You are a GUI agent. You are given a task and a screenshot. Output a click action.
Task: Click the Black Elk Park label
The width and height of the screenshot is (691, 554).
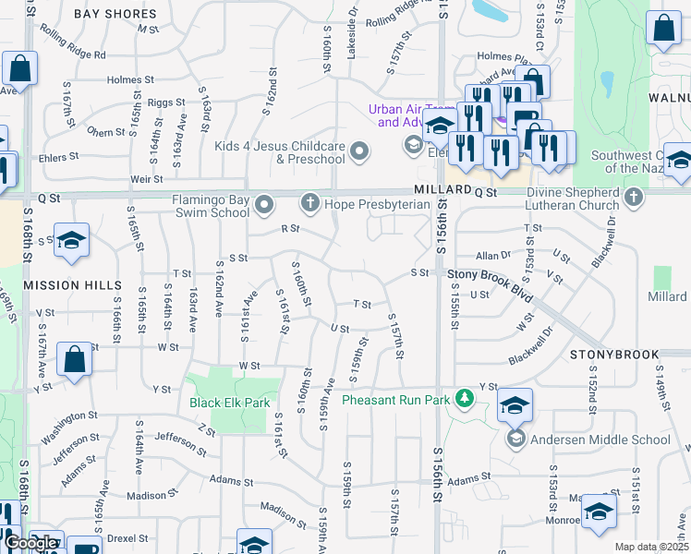[229, 403]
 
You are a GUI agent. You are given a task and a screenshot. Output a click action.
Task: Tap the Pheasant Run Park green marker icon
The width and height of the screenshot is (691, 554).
[467, 400]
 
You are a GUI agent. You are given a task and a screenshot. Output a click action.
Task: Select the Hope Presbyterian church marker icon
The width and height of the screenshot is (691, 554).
[311, 202]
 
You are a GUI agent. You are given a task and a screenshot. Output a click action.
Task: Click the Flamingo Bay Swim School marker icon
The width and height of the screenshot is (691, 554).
[265, 202]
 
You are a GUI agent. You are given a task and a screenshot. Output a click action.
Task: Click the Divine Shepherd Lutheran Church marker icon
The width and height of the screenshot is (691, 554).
[634, 198]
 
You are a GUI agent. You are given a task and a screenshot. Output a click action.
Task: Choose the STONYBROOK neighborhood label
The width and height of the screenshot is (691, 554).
[614, 355]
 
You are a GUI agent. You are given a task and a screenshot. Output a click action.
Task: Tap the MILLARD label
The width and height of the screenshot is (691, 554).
[436, 188]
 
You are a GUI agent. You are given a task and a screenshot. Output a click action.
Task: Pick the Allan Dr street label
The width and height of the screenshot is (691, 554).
[493, 255]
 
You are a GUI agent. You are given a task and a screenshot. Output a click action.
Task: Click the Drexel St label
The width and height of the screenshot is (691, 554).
[126, 537]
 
